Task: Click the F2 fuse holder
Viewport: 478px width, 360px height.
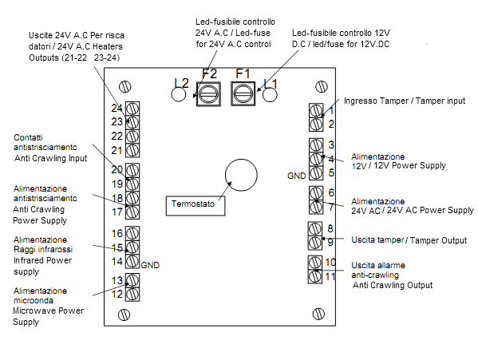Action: (x=208, y=94)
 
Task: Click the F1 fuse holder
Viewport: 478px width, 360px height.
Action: (x=243, y=94)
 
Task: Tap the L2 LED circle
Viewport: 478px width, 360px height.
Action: (x=179, y=94)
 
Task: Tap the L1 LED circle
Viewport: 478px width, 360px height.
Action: (x=270, y=94)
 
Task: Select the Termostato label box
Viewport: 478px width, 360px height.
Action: (x=196, y=206)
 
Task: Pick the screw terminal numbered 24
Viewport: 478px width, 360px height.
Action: (x=132, y=109)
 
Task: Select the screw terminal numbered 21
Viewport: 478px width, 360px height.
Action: (x=132, y=151)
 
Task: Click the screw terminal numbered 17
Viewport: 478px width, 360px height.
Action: (x=132, y=212)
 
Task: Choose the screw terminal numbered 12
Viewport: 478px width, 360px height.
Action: (x=132, y=295)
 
